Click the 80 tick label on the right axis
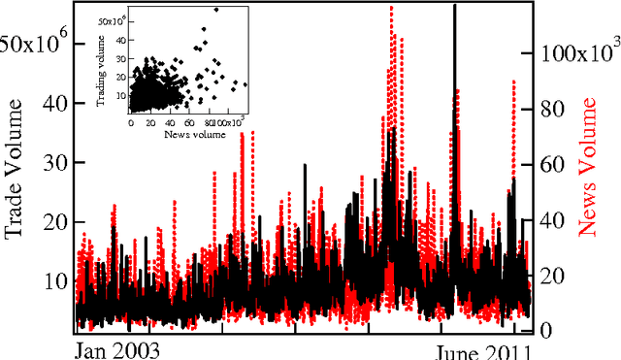click(x=550, y=110)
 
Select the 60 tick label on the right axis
click(x=550, y=165)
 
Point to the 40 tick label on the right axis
click(x=550, y=220)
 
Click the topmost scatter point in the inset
click(x=215, y=11)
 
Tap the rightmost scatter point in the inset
click(x=245, y=84)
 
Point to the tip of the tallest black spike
click(x=454, y=6)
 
